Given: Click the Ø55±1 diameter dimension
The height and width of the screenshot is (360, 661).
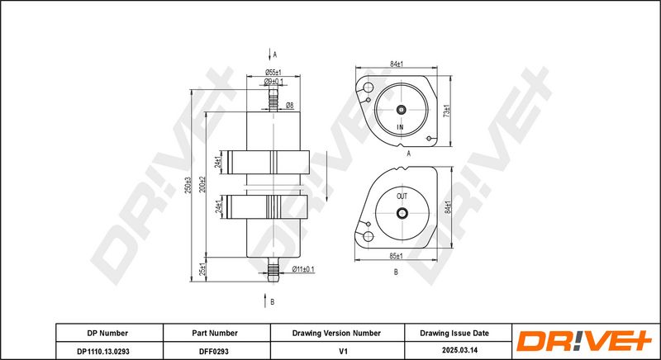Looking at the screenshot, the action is point(273,73).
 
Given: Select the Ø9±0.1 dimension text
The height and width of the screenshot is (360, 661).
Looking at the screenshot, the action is point(273,81).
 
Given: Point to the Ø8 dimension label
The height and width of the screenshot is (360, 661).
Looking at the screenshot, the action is point(290,106).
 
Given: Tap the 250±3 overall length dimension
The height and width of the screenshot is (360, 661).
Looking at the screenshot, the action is point(189,185).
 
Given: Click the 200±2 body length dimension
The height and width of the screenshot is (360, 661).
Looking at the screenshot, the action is point(202,185).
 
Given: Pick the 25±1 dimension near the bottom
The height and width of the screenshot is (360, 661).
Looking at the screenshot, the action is point(202,269).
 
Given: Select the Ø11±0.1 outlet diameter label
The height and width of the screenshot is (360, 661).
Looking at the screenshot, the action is point(303,269).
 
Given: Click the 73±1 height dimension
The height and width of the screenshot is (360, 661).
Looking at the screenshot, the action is point(447,111).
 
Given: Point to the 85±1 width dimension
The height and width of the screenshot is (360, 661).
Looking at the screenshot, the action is point(397,256).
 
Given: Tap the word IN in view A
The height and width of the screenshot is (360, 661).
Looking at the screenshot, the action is point(400,126).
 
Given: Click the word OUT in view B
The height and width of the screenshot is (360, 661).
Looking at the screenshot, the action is point(402,197).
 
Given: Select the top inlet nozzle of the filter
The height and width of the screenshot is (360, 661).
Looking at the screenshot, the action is point(273,100).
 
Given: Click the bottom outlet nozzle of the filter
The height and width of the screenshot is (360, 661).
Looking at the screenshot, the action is point(273,269).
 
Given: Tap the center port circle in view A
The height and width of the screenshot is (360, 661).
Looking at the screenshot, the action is point(402,110).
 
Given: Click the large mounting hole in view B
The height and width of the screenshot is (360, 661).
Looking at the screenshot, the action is point(368,237).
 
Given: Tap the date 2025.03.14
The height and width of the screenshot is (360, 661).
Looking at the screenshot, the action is point(459,350).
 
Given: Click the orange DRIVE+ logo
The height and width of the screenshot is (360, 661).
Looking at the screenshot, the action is point(584,341).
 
